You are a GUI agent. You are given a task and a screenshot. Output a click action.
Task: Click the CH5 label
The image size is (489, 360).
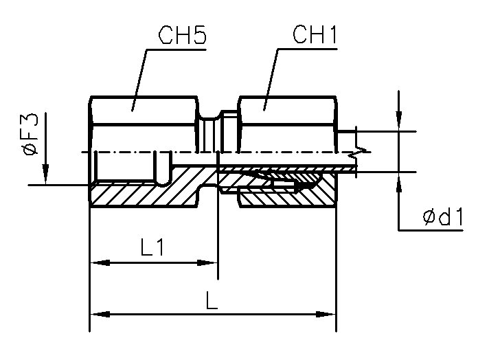182,36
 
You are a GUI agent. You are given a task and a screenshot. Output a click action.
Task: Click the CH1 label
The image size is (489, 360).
315,36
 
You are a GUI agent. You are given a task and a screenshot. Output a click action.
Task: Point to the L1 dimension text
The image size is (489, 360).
152,248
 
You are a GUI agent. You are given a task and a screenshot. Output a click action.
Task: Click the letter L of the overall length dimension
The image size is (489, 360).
212,300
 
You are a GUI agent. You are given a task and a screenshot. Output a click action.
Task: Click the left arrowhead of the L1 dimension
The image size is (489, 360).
97,262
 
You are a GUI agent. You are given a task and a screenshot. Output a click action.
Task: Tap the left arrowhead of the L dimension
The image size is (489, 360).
97,314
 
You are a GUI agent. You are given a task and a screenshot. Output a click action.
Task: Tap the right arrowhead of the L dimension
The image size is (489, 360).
329,314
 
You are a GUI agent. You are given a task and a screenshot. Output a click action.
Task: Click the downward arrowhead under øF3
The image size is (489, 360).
45,177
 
